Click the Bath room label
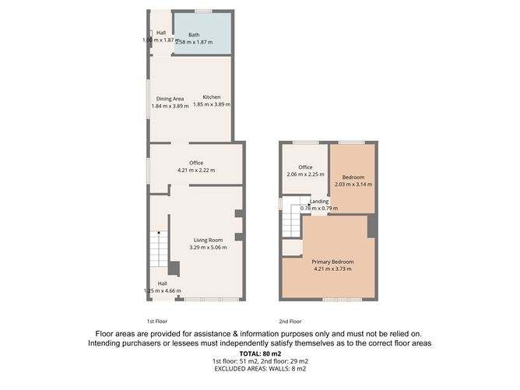[x=194, y=35]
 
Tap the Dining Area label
[x=170, y=99]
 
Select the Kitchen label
[x=212, y=97]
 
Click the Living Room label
[x=209, y=240]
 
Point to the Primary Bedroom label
[x=332, y=262]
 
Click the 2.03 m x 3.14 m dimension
[x=353, y=184]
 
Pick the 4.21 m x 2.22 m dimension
[x=196, y=170]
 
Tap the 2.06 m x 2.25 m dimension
[x=305, y=174]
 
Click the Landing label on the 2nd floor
[x=319, y=202]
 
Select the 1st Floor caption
[x=157, y=321]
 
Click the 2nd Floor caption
[x=290, y=321]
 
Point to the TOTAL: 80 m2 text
[x=260, y=354]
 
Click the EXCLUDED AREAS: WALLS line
[x=260, y=369]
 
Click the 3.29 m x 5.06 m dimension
[x=209, y=248]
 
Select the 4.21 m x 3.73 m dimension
[x=332, y=269]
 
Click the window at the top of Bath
[x=203, y=11]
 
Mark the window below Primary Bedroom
[x=343, y=300]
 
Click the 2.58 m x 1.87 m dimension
[x=195, y=42]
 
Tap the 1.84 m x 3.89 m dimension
[x=170, y=106]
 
